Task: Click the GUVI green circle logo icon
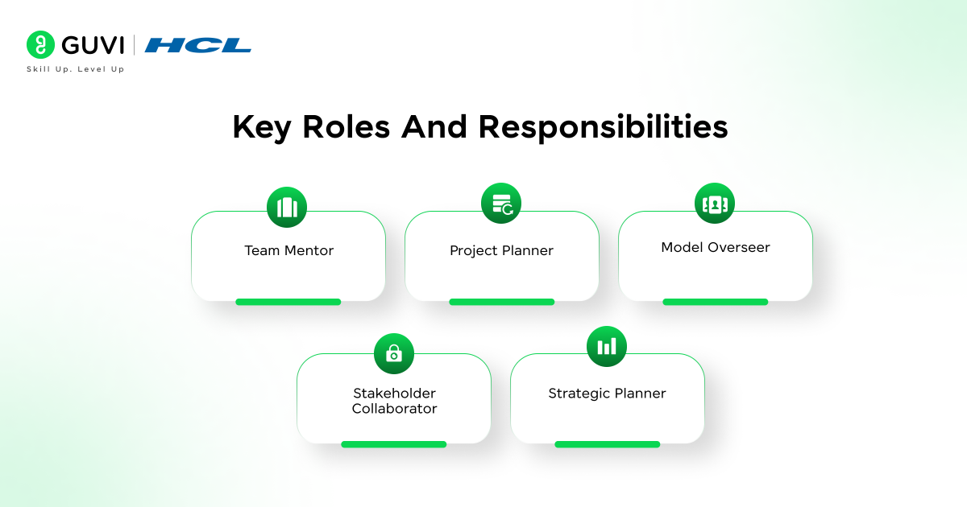pos(40,45)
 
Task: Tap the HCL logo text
pos(198,45)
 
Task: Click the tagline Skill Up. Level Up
pos(76,69)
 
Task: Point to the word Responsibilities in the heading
pos(603,128)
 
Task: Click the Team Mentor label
pos(288,250)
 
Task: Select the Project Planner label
pos(501,250)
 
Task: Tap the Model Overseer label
pos(716,247)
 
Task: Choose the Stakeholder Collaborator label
pos(394,401)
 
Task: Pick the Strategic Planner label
pos(607,394)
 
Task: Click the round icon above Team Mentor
pos(287,208)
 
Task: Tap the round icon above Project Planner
pos(501,204)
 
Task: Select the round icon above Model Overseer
pos(715,204)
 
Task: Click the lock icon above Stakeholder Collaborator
pos(394,353)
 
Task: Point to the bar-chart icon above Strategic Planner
pos(607,346)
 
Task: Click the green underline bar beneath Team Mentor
pos(288,302)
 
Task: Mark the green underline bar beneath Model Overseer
pos(715,302)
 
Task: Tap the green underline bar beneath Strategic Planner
pos(607,444)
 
